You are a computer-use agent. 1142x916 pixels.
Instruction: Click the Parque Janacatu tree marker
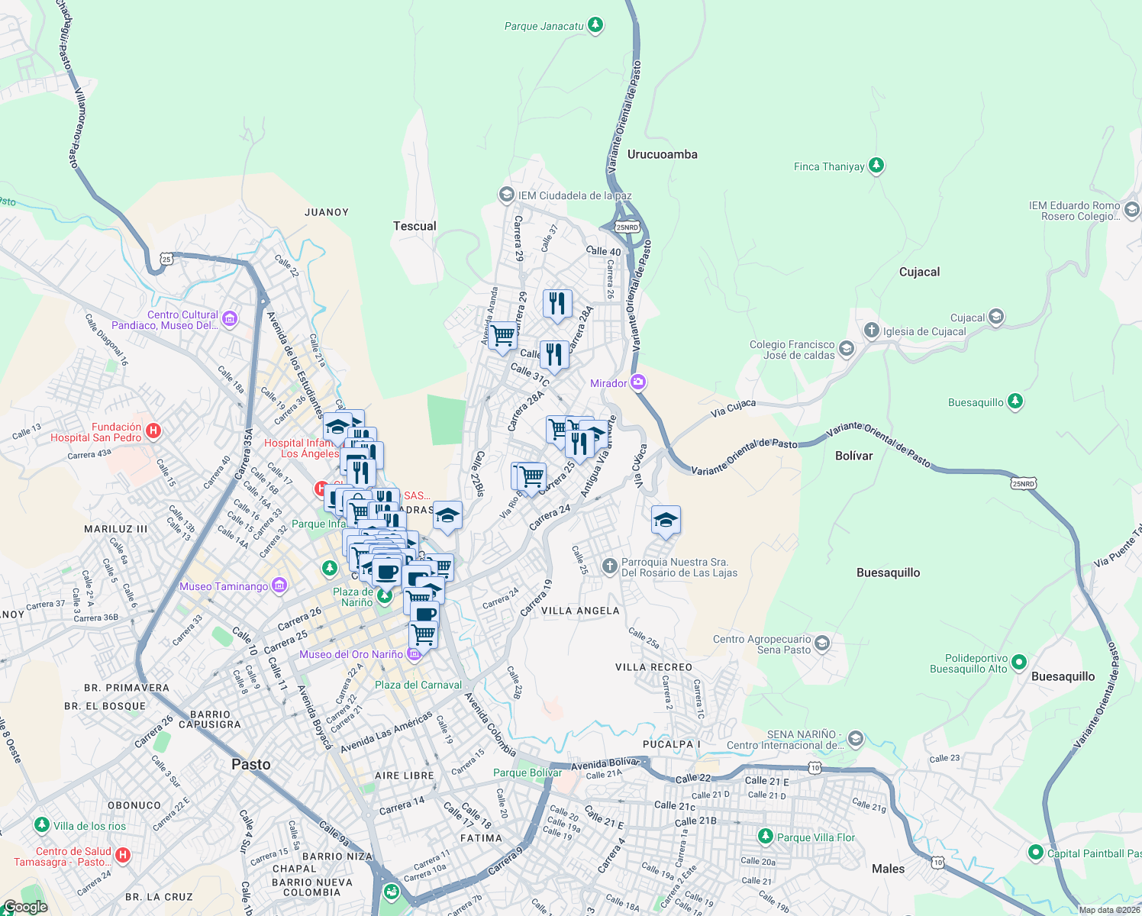point(595,25)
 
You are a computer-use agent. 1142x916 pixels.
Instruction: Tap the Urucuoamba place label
point(662,154)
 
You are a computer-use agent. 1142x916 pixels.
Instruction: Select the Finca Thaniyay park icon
point(876,166)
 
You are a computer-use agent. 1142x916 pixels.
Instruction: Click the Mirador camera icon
point(638,382)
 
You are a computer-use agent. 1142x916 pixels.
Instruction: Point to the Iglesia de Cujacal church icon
point(872,331)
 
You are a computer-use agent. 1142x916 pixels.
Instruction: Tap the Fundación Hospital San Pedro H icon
point(153,431)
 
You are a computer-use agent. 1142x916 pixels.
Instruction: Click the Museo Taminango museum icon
point(279,585)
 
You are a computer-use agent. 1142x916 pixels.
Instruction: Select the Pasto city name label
point(250,764)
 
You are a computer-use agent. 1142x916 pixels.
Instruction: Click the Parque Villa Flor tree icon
point(765,837)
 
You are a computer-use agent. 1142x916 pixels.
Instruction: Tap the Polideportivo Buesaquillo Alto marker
point(1019,663)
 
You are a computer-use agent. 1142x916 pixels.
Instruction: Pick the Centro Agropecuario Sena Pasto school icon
point(822,643)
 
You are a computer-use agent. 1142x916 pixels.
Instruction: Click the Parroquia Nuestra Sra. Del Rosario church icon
point(609,566)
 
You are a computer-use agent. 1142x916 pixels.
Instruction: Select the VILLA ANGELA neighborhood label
point(580,611)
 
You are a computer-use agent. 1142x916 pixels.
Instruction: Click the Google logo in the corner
point(25,907)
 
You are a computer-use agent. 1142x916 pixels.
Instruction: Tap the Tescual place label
point(415,226)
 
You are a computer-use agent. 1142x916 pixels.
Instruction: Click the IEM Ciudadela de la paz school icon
point(506,195)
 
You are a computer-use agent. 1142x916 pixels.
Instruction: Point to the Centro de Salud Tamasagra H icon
point(123,856)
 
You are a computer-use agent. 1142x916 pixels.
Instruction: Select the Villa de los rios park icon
point(42,825)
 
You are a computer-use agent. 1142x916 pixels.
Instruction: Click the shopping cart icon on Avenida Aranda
point(502,335)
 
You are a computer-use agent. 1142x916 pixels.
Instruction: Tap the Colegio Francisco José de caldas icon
point(846,349)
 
